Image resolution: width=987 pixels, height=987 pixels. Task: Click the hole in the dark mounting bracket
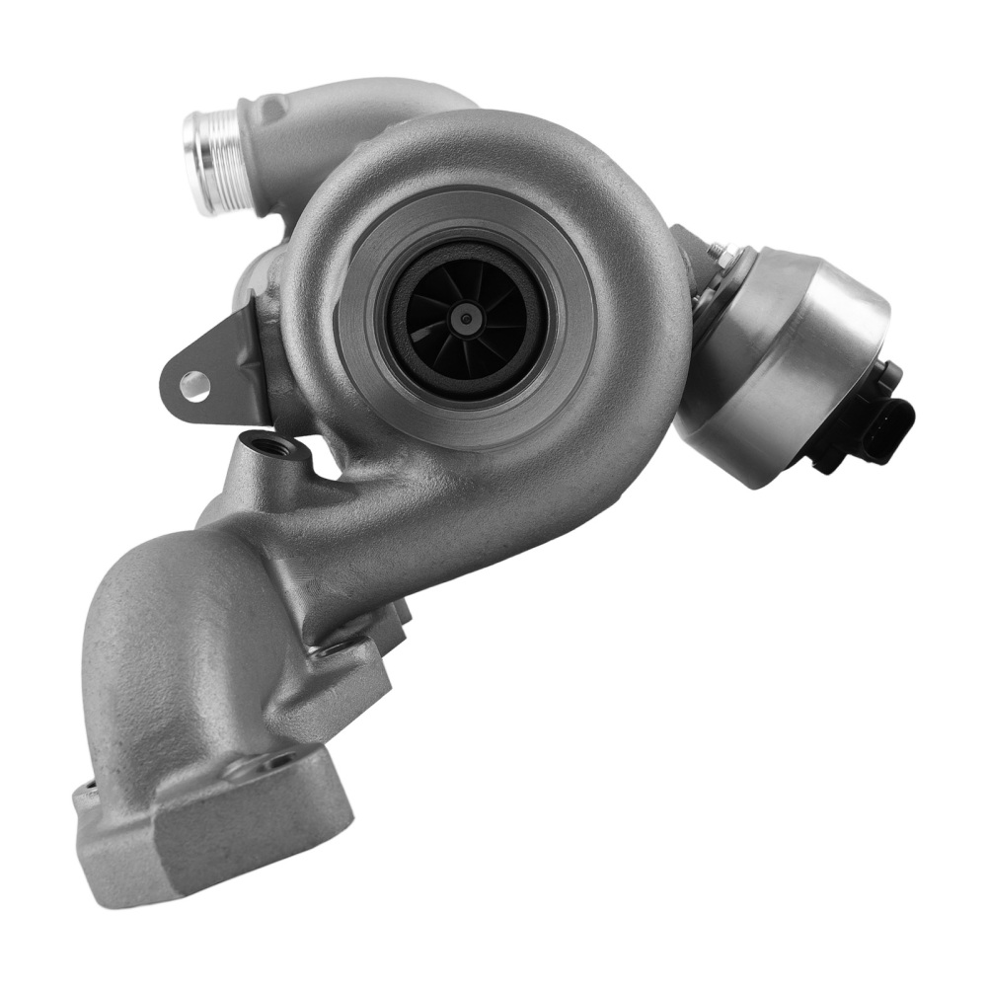pos(194,383)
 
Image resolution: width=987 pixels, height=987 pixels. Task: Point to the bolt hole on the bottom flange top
pos(279,760)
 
